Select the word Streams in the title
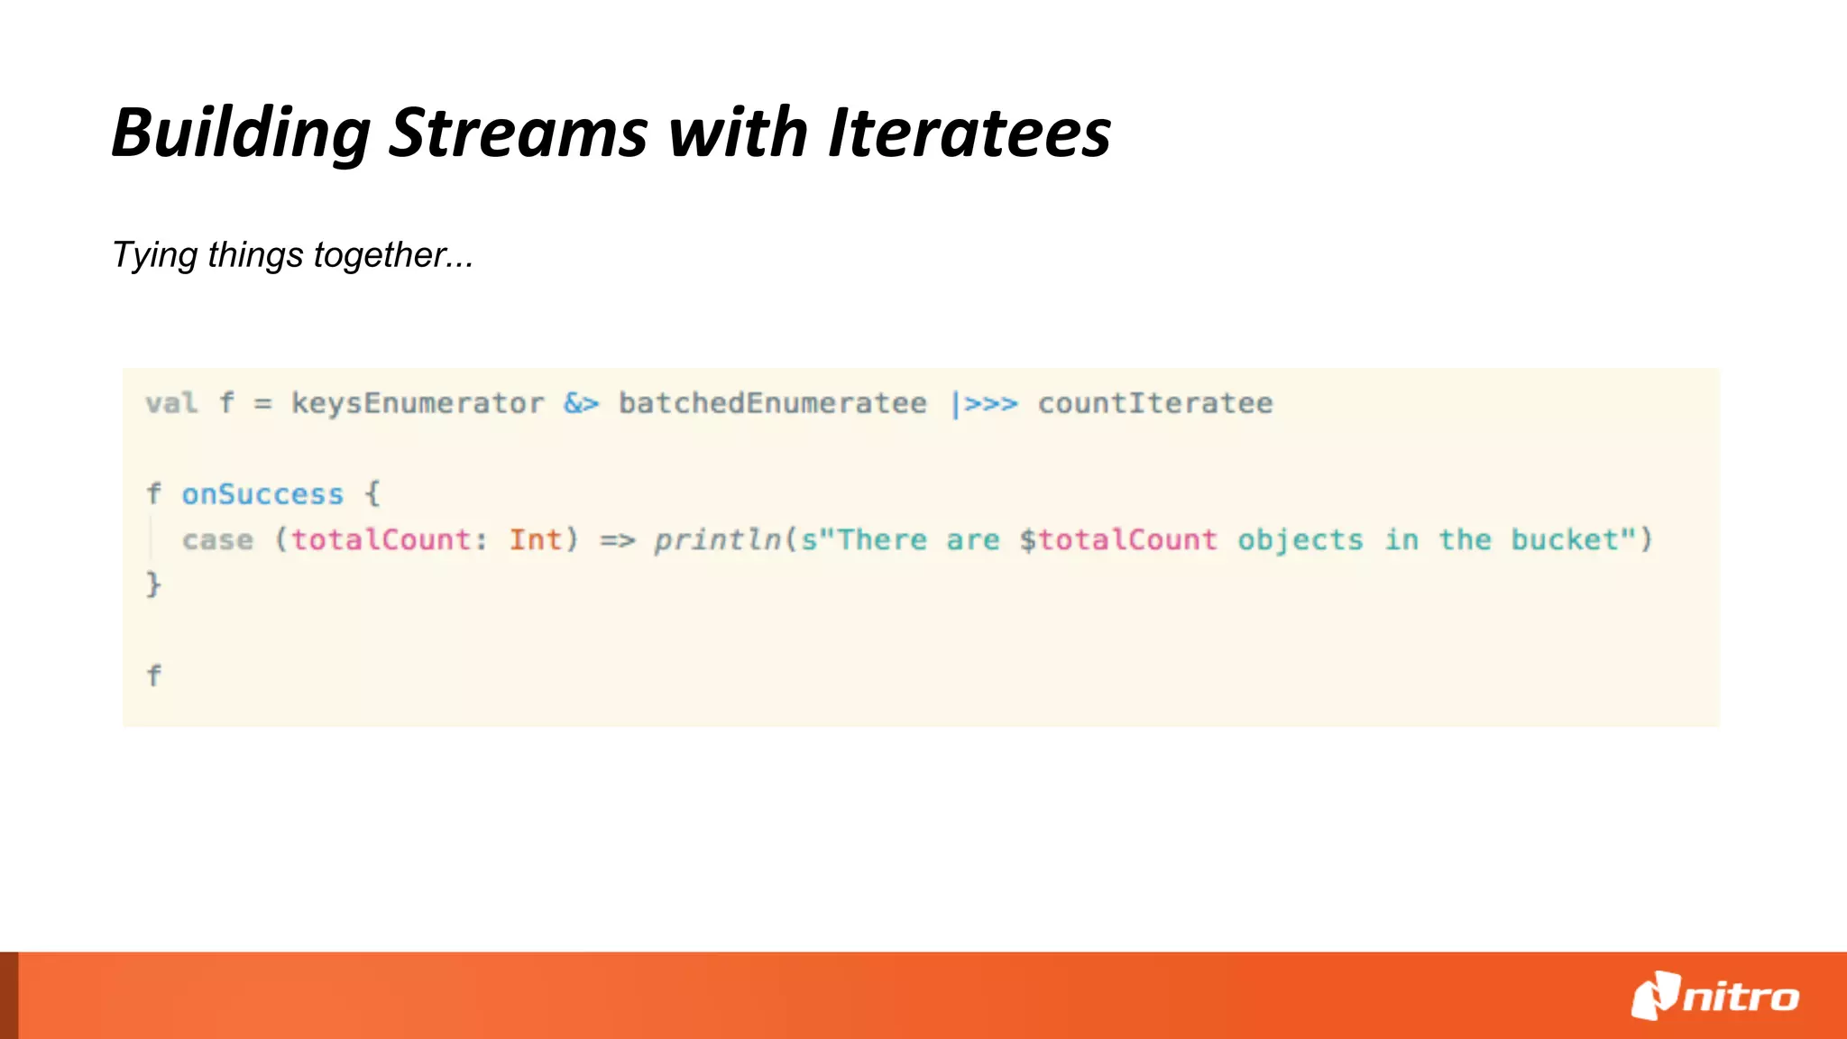pyautogui.click(x=518, y=133)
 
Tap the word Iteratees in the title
pyautogui.click(x=969, y=133)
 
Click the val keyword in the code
pyautogui.click(x=171, y=403)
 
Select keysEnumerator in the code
pyautogui.click(x=418, y=403)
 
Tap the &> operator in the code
pyautogui.click(x=581, y=403)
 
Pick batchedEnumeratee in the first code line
pyautogui.click(x=772, y=403)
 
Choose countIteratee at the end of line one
pyautogui.click(x=1155, y=403)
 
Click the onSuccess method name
pyautogui.click(x=262, y=494)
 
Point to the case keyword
pyautogui.click(x=217, y=540)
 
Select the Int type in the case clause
pyautogui.click(x=535, y=540)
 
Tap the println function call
pyautogui.click(x=717, y=540)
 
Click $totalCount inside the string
pyautogui.click(x=1118, y=540)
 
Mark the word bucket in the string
pyautogui.click(x=1565, y=540)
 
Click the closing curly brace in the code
pyautogui.click(x=153, y=584)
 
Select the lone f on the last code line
pyautogui.click(x=153, y=676)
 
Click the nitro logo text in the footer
pyautogui.click(x=1741, y=998)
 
